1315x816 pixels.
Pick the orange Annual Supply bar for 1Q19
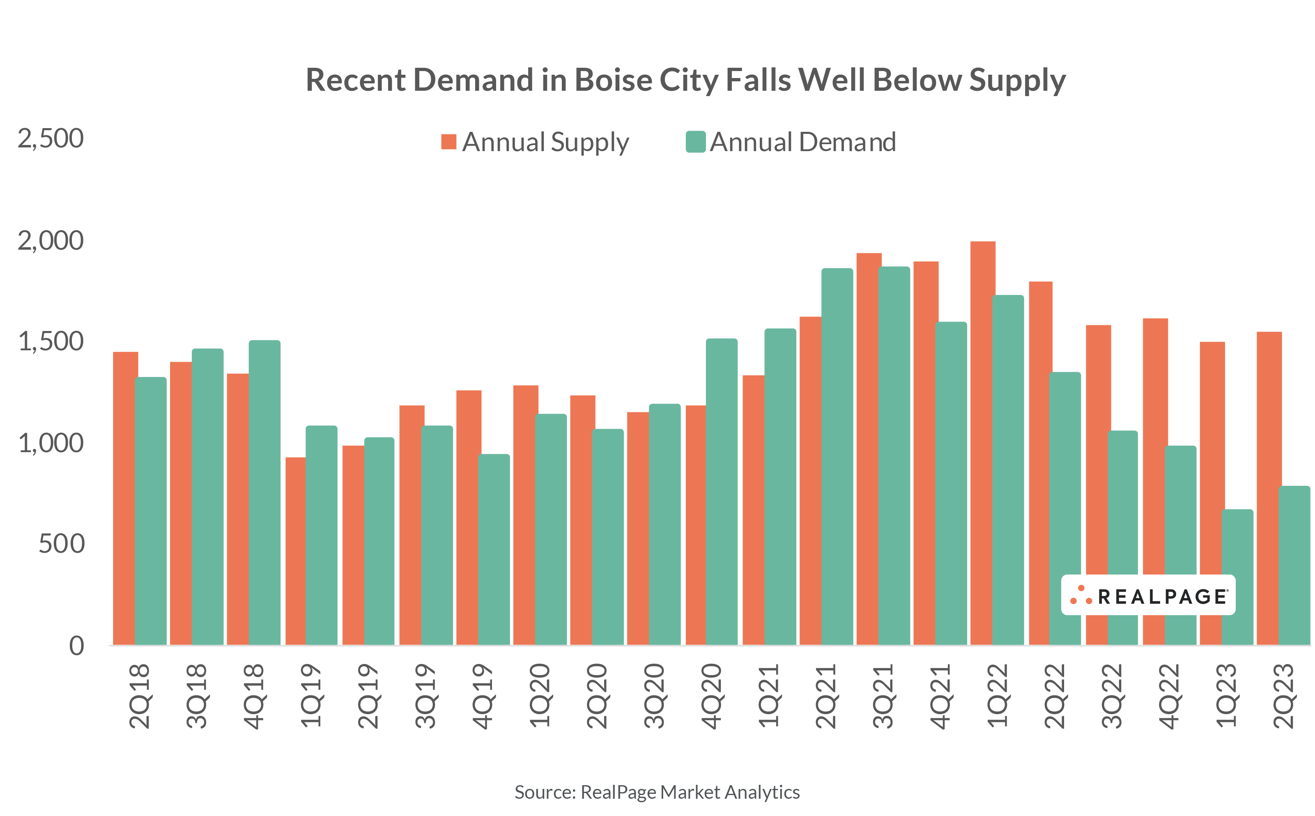295,550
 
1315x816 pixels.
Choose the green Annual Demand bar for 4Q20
722,491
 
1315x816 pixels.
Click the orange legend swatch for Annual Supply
448,142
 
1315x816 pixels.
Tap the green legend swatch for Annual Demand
696,142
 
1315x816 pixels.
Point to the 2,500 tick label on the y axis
51,139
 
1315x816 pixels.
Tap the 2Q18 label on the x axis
140,696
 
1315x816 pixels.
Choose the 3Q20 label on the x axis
655,696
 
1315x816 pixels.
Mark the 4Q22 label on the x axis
1169,696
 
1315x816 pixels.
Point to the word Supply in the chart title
1017,81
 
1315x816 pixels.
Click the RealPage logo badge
1148,595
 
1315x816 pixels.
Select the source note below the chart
657,792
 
